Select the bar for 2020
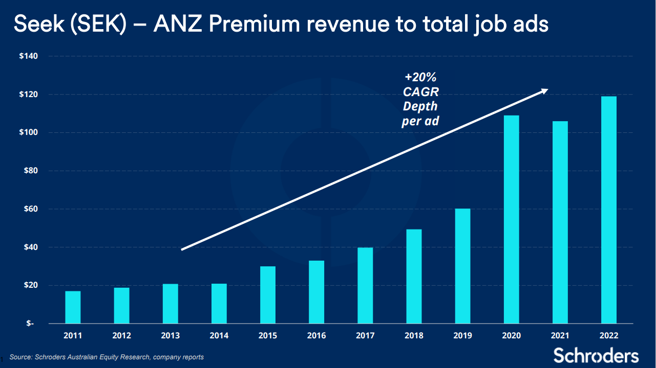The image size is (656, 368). point(511,220)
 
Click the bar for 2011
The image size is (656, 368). point(73,307)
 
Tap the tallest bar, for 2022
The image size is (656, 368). point(608,210)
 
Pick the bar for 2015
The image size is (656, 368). point(267,295)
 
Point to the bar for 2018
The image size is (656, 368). point(414,277)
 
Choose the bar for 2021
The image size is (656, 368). point(560,222)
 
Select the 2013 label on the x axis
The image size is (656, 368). point(171,336)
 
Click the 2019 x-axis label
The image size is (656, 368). point(462,336)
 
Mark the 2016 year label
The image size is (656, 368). point(316,336)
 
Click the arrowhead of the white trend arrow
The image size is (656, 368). point(544,91)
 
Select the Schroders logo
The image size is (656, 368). point(596,355)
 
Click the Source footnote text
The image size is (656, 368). point(107,357)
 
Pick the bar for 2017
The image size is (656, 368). point(365,285)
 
